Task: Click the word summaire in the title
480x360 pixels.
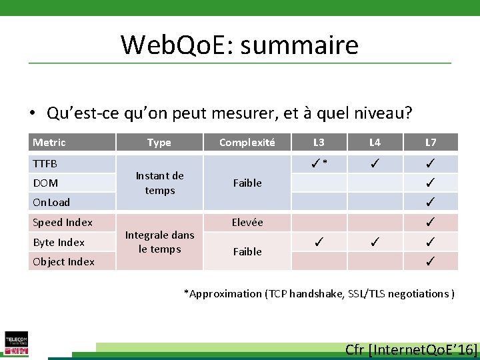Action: tap(299, 45)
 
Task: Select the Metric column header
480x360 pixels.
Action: tap(49, 142)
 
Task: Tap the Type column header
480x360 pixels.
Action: tap(159, 142)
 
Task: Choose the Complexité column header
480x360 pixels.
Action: tap(247, 142)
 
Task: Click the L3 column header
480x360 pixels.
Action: tap(319, 142)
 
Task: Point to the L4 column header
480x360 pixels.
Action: tap(375, 142)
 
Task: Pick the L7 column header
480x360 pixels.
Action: tap(431, 142)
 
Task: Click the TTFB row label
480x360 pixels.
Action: tap(45, 163)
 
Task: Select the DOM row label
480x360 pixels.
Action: tap(45, 183)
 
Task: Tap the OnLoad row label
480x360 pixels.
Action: tap(51, 202)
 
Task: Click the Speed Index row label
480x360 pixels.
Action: tap(63, 222)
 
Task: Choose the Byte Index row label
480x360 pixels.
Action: tap(59, 242)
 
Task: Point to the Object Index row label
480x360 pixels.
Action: tap(63, 261)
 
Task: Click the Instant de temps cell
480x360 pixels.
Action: tap(159, 183)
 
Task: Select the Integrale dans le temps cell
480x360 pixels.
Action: tap(159, 241)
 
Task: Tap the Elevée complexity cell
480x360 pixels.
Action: tap(247, 222)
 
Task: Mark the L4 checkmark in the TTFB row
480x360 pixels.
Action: tap(375, 163)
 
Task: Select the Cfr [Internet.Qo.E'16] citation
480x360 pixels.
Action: tap(411, 349)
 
